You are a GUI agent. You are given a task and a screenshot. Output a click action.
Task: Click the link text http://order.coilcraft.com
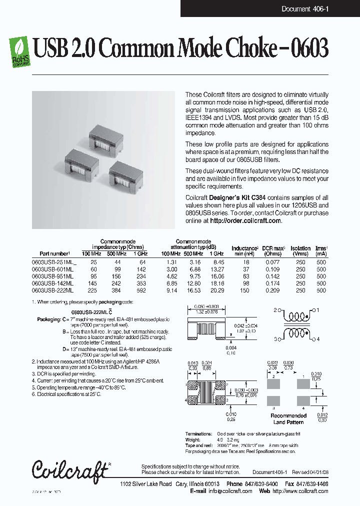[245, 220]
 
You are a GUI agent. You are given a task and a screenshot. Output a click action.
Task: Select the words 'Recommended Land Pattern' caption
[288, 418]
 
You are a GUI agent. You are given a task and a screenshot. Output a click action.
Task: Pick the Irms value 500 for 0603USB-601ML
[320, 269]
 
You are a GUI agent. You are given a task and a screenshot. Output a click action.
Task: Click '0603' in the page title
[308, 48]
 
